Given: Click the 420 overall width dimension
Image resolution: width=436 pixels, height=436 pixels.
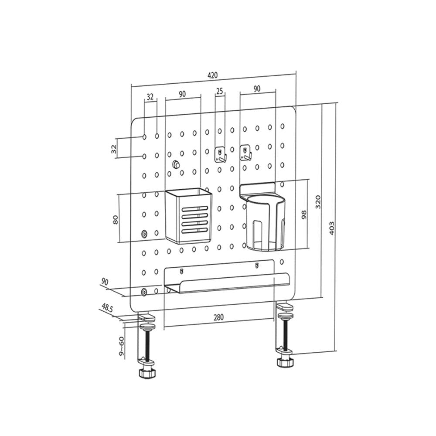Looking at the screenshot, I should point(212,75).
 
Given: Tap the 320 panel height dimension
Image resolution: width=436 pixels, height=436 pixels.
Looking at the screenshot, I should point(318,201).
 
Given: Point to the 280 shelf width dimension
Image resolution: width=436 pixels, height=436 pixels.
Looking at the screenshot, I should point(218,317).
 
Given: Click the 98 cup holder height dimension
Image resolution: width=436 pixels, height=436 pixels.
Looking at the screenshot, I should point(304,214).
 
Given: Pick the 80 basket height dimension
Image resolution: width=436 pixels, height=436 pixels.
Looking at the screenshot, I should point(116,219).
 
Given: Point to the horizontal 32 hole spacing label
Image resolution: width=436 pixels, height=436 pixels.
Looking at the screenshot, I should point(150,96).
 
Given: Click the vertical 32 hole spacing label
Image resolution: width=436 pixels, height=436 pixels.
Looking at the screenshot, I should point(114,149).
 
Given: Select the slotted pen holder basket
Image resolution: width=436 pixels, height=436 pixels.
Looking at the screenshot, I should point(188,216).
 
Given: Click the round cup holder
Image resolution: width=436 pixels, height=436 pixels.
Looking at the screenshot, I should point(265,223).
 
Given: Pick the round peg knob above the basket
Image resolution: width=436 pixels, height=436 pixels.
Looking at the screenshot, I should point(176,164).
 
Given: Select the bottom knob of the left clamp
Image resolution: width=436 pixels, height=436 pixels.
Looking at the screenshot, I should point(146,373).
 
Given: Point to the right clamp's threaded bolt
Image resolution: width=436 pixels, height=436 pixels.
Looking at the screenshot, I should point(286,331).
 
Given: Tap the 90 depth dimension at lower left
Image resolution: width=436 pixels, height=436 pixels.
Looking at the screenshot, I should point(104,281).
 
